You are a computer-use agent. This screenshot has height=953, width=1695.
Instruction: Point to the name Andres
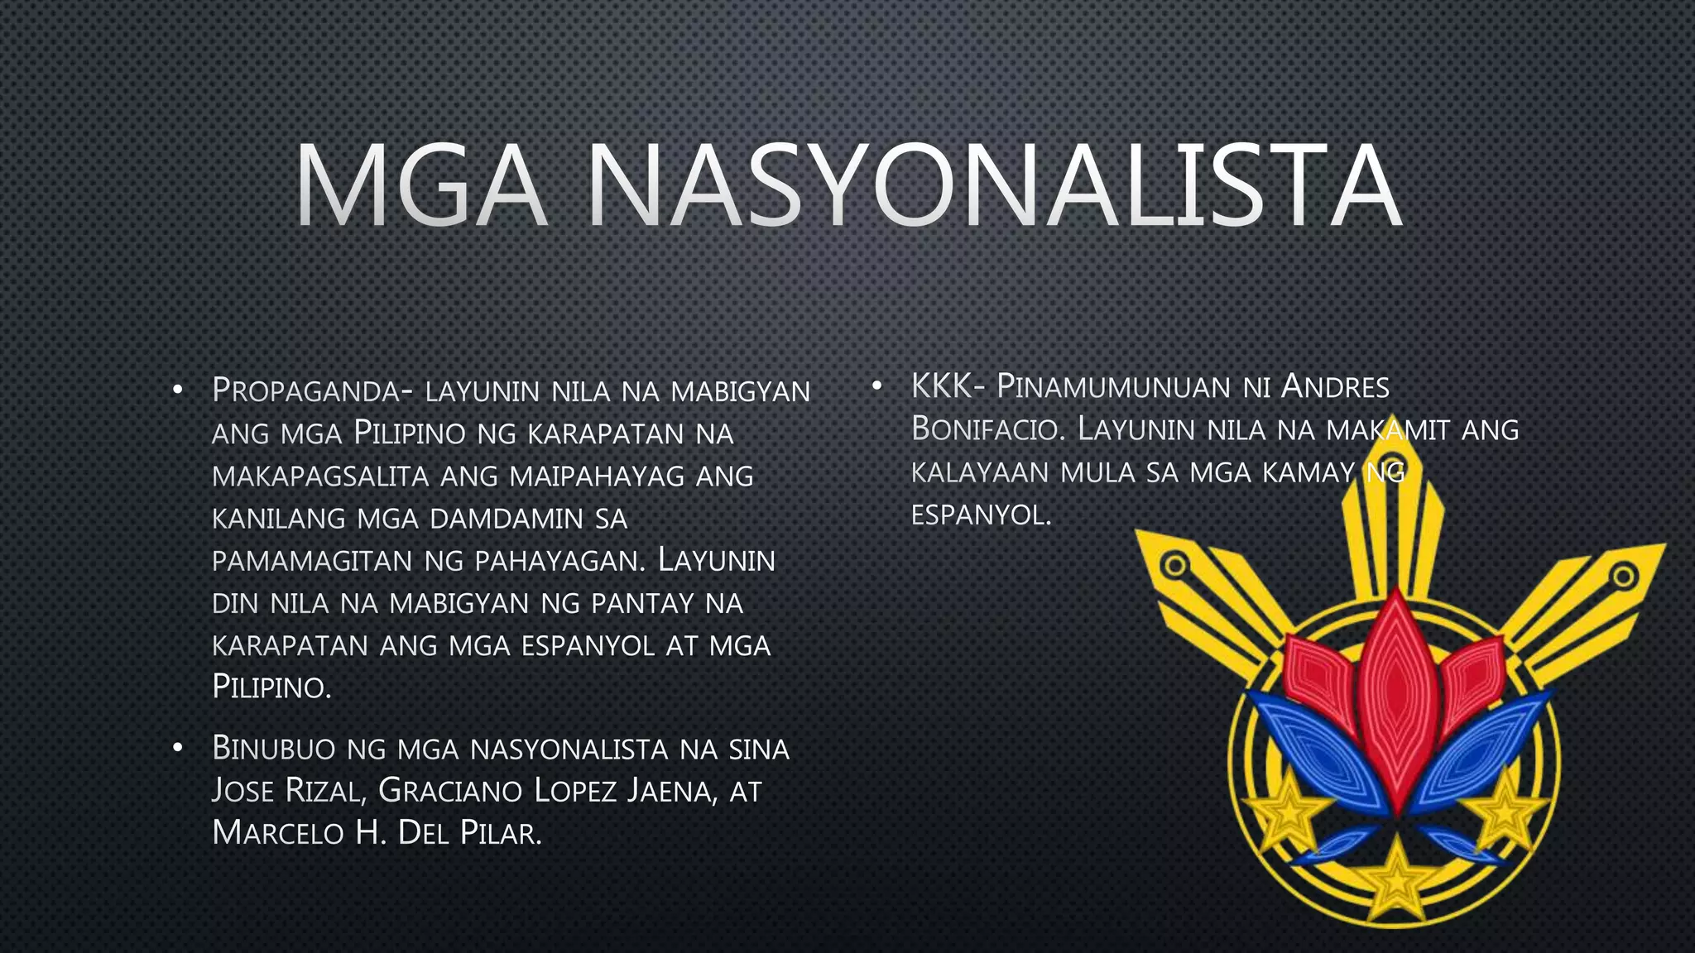tap(1335, 386)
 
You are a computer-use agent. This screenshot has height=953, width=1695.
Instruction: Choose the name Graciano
tap(450, 791)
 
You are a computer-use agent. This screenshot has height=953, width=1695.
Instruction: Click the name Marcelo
tap(278, 833)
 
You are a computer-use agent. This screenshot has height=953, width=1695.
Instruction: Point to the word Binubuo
tap(274, 749)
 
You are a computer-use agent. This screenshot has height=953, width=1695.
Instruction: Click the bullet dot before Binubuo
tap(177, 749)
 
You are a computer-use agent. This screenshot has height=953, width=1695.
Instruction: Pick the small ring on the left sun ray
tap(1174, 567)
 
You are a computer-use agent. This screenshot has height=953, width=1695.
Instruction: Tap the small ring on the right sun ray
tap(1624, 575)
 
